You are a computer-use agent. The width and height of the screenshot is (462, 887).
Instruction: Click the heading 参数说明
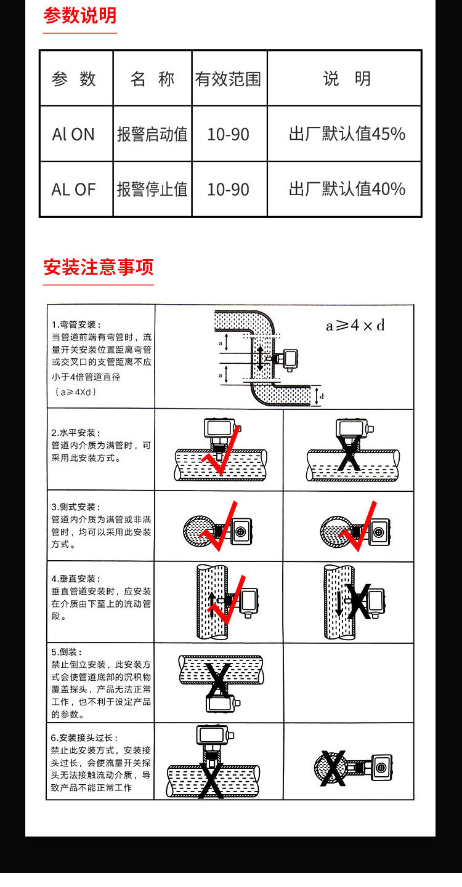point(79,15)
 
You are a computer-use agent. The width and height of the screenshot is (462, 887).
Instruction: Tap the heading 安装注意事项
point(98,267)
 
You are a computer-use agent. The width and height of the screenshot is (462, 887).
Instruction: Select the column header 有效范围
point(229,79)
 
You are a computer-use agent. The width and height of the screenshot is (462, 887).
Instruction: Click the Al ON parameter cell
point(73,134)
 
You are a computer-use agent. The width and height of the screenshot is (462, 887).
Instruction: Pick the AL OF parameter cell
point(73,190)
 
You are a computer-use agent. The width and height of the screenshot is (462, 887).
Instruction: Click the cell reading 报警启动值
point(152,134)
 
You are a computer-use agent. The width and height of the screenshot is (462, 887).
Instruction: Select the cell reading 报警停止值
point(152,190)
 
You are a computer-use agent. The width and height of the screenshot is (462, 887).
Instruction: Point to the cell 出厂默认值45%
point(347,134)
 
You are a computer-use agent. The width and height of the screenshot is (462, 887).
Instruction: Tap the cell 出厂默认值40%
point(347,190)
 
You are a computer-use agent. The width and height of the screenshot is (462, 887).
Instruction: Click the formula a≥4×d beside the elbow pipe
point(355,326)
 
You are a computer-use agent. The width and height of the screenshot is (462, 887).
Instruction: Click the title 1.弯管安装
point(76,324)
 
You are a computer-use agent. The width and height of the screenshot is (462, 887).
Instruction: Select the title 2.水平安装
point(76,433)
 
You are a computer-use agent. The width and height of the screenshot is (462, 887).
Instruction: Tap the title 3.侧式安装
point(76,507)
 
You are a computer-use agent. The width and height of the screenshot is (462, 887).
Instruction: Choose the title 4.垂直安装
point(76,579)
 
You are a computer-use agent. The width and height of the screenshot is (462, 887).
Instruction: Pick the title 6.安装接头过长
point(84,737)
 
